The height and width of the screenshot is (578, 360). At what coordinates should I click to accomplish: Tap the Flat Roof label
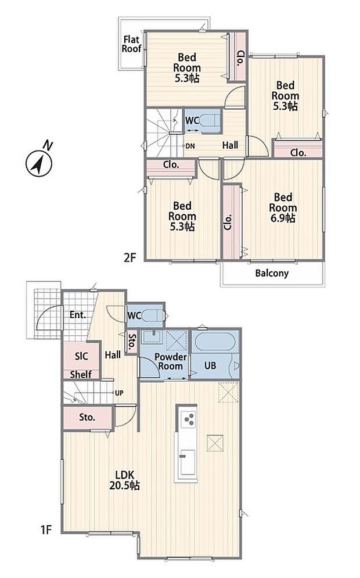coord(132,44)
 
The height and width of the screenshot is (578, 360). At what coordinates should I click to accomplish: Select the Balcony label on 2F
coord(272,273)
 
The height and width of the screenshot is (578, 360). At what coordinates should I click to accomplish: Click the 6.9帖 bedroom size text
coord(283,218)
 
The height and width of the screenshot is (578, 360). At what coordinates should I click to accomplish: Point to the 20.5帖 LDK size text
coord(124,486)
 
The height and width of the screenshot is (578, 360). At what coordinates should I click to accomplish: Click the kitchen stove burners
coord(189,419)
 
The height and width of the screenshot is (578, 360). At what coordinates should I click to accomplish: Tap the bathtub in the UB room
coord(215,342)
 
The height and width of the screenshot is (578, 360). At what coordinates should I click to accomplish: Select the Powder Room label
coord(171,361)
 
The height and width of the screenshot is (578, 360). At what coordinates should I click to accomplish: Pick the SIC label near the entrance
coord(81,356)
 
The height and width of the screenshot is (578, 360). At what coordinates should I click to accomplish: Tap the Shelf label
coord(81,375)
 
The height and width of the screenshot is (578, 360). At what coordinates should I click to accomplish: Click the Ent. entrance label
coord(78,315)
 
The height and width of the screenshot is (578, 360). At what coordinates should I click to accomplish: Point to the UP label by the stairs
coord(119,393)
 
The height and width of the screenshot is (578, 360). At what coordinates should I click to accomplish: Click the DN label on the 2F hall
coord(190,146)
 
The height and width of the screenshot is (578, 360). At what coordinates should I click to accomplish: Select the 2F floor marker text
coord(129,257)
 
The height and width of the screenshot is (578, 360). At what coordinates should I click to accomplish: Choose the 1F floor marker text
coord(45,530)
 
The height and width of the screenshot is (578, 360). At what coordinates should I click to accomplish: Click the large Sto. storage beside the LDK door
coord(87,417)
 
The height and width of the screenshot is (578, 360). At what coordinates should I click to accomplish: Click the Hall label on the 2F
coord(230,145)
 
